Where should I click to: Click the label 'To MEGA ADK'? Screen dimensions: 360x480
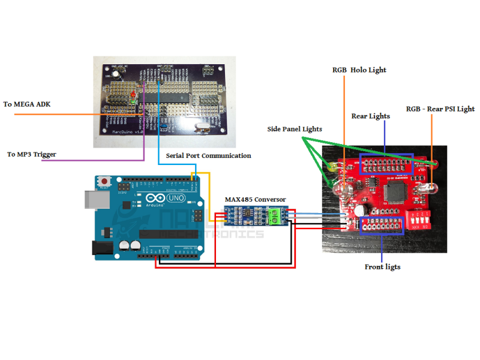pos(27,104)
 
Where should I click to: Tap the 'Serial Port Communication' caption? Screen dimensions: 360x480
pos(208,155)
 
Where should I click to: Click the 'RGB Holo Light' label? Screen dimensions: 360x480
pos(359,70)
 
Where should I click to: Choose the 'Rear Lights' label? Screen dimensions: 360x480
pos(370,116)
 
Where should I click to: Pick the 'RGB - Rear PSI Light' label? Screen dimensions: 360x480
pos(440,109)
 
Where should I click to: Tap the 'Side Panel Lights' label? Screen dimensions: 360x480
pos(295,129)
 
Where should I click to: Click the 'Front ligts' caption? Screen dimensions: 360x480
pos(383,266)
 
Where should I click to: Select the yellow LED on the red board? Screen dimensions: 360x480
pos(331,167)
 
